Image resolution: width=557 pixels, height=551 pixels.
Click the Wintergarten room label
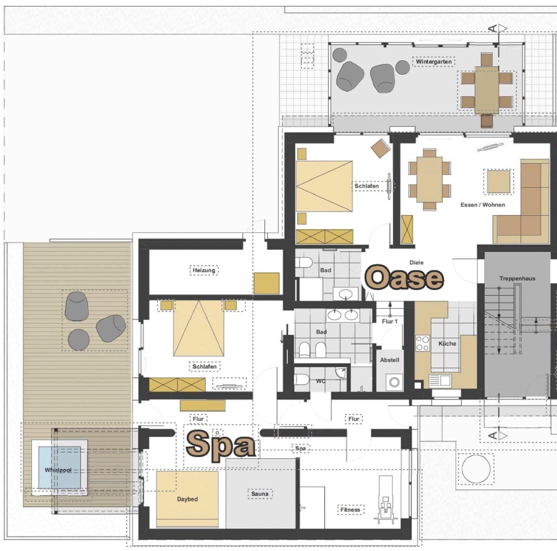[434, 62]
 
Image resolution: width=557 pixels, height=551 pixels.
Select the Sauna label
[260, 493]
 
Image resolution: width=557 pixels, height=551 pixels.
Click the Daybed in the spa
[187, 499]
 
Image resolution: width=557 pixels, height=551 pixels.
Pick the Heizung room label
[204, 270]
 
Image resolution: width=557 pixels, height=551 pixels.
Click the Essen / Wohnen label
[483, 205]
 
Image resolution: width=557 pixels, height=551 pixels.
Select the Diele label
[417, 262]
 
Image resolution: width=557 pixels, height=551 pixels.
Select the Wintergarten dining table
[487, 90]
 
